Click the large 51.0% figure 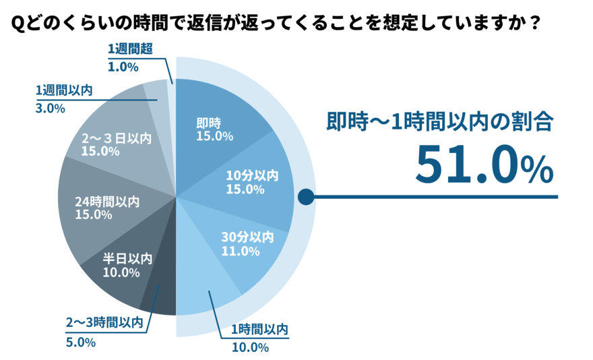(482, 163)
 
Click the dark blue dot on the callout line (306, 197)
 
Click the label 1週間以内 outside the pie (62, 90)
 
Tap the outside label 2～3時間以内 (104, 324)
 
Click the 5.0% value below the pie (80, 342)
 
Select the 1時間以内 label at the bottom (259, 330)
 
